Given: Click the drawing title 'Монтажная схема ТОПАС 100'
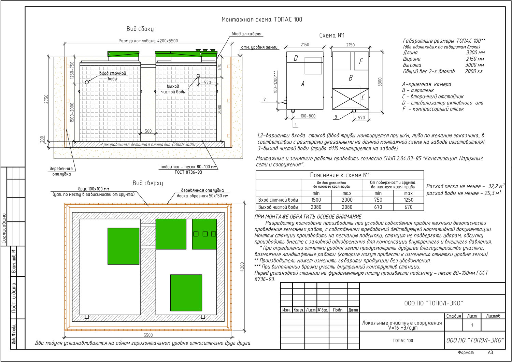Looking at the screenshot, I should [261, 19].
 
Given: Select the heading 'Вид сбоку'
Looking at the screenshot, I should [140, 29].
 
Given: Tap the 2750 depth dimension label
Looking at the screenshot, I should [46, 99].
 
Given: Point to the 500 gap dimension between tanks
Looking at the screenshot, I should [148, 131].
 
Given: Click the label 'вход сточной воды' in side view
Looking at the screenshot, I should [113, 76].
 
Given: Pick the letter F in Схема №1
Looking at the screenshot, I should [361, 61].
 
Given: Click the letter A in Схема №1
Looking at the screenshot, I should [302, 84].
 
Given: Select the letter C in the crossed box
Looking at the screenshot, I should [363, 98].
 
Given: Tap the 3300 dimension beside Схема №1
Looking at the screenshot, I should [380, 82].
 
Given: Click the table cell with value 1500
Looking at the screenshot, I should [316, 200].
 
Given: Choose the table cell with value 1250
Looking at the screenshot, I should [408, 200].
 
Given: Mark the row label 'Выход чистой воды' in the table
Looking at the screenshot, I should [278, 207].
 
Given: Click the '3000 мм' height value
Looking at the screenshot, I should [474, 65].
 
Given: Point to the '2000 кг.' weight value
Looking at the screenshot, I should [474, 71].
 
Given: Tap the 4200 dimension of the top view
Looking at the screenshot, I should [242, 267].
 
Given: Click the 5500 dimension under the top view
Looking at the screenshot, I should [148, 335].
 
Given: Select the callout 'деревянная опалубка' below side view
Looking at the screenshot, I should [61, 171].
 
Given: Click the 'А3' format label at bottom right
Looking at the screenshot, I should [490, 352].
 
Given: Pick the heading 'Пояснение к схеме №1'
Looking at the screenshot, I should [340, 175].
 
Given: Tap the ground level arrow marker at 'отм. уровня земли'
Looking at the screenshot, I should [240, 55].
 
